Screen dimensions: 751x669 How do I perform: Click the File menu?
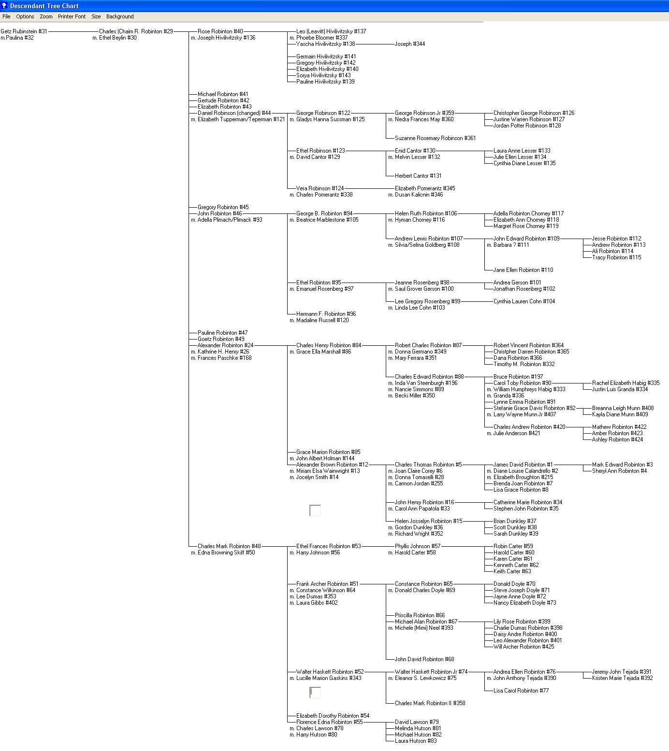click(6, 16)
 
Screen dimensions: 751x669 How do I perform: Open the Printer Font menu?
click(72, 16)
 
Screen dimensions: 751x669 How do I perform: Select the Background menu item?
click(120, 16)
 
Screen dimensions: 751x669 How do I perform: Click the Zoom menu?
click(46, 16)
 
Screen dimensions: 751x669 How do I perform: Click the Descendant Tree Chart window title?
click(44, 6)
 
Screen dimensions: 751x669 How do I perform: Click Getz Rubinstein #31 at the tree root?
click(24, 31)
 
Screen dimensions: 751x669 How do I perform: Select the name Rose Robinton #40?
click(220, 31)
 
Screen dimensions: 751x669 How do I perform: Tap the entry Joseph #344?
click(410, 44)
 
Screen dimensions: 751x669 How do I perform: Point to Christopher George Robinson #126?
click(534, 113)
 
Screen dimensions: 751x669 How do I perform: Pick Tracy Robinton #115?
click(616, 257)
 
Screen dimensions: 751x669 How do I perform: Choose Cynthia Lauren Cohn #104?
click(524, 301)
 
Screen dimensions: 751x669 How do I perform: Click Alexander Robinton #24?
click(225, 345)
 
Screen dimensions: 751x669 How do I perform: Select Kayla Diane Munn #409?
click(620, 414)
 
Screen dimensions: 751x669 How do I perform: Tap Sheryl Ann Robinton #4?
click(619, 471)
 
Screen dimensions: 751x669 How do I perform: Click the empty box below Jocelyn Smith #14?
click(315, 510)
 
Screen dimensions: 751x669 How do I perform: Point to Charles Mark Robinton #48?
click(229, 546)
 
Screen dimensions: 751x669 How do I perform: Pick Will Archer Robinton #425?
click(524, 647)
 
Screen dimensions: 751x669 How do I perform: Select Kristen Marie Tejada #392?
click(622, 678)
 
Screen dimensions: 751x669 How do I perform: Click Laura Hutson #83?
click(416, 741)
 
